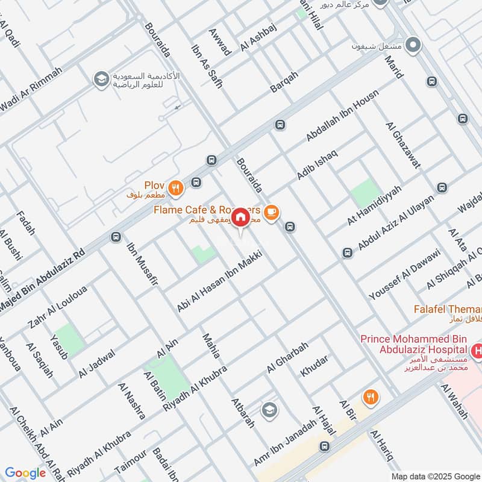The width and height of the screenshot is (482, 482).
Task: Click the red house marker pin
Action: click(240, 217)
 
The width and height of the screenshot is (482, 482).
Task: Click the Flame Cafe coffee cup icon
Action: click(271, 211)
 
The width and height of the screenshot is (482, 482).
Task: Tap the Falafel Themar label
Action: click(447, 309)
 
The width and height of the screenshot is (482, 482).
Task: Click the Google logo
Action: click(25, 473)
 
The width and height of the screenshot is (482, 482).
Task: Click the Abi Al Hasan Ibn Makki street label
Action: click(221, 281)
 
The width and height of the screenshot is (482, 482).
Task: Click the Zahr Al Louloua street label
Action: click(57, 307)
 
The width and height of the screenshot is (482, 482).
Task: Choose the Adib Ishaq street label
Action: click(318, 163)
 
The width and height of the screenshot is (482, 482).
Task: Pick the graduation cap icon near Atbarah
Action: click(269, 410)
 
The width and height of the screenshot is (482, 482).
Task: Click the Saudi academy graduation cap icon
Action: click(101, 79)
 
